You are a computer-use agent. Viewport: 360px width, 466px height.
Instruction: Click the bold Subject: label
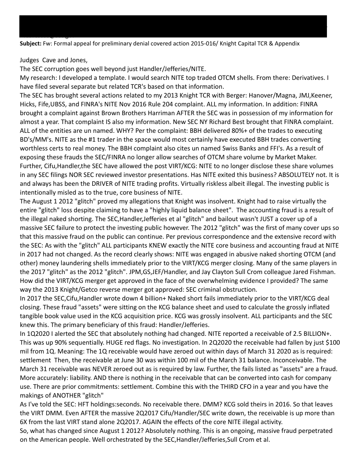tap(30, 44)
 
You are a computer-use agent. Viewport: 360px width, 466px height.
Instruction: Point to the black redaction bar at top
tap(173, 26)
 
